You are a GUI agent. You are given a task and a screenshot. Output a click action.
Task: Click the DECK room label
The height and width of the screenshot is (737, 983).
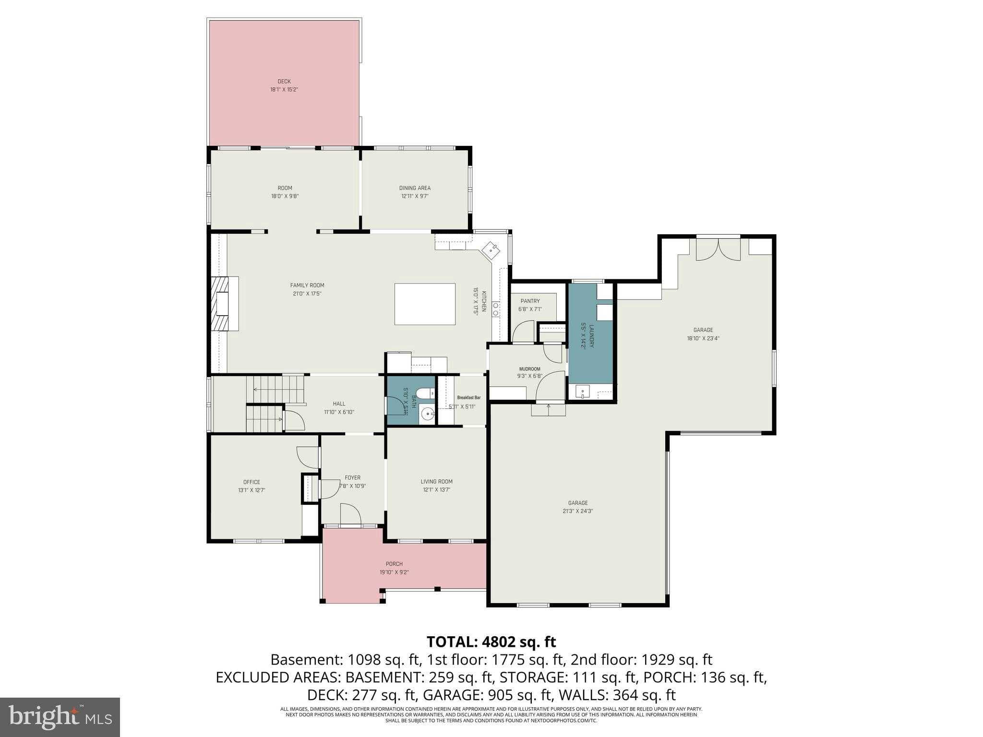284,82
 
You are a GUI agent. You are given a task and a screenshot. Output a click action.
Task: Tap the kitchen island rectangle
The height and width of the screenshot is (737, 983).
425,304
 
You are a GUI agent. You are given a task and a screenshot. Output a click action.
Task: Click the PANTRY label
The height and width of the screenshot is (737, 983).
530,301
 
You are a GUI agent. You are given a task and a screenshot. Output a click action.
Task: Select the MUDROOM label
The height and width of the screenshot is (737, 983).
529,369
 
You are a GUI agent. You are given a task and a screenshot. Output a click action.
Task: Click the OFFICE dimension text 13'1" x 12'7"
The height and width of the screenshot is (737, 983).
252,490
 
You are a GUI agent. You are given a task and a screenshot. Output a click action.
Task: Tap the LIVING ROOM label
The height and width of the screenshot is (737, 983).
436,482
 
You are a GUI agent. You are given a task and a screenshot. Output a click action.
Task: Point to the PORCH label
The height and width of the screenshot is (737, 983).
394,564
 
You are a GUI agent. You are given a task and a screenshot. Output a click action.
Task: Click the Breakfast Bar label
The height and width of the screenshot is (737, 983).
468,398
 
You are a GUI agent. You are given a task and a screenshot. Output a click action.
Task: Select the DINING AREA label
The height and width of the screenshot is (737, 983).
415,188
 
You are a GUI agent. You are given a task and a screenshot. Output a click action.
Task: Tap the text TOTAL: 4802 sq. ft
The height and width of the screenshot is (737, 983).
491,642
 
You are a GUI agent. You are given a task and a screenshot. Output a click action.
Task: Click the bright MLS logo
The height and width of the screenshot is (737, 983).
60,717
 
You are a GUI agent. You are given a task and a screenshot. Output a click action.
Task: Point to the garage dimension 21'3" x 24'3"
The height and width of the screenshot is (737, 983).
578,511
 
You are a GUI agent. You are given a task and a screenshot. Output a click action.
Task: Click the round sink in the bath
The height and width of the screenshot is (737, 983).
426,414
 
